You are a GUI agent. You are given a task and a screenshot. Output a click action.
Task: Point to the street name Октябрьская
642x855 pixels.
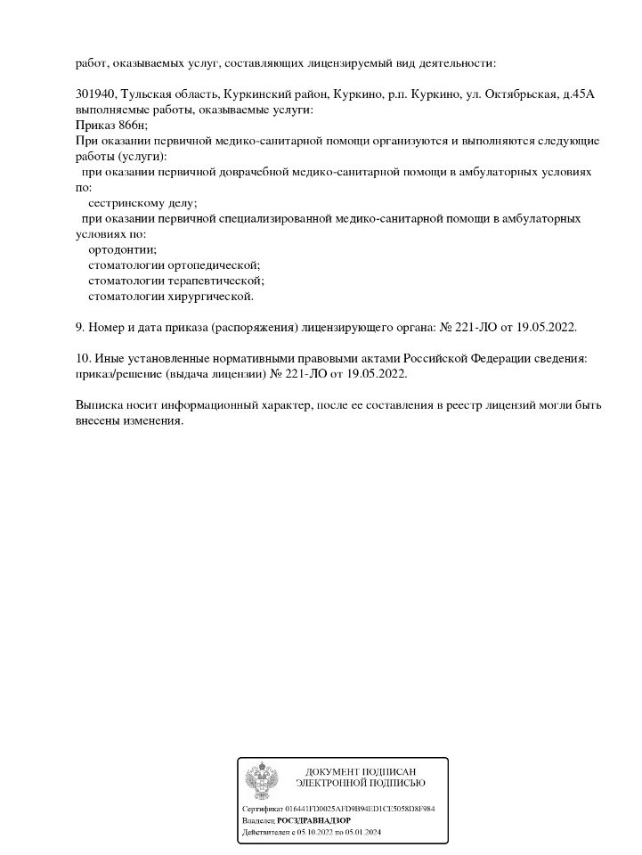524,94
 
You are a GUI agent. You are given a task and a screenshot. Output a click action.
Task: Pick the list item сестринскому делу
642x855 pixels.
143,203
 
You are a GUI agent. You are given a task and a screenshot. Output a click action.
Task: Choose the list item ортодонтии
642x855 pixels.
122,249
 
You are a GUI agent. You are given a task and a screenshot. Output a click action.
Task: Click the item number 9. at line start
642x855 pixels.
80,327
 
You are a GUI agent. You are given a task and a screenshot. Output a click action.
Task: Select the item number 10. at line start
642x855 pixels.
83,358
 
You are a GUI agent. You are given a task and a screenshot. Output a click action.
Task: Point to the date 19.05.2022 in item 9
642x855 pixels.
545,327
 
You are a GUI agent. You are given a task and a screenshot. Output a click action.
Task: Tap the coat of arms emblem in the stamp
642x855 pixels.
262,779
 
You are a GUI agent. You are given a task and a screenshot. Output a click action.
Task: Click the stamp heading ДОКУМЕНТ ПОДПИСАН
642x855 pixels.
360,771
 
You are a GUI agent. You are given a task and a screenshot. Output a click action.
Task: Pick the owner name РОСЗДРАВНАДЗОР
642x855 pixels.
313,819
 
